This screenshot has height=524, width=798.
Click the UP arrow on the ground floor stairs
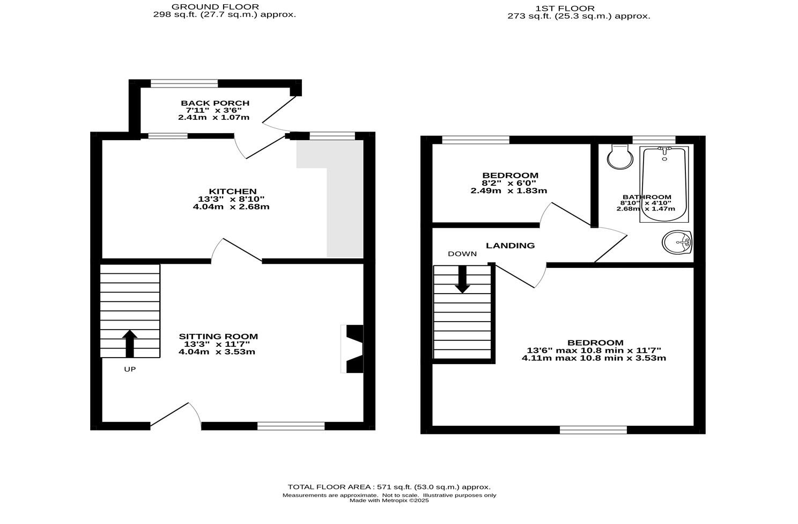point(130,344)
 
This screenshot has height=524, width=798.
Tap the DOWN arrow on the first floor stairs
point(462,280)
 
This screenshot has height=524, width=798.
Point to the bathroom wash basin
point(677,243)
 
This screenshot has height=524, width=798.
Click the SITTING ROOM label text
point(218,337)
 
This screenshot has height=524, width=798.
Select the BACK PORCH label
point(215,103)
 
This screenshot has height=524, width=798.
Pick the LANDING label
point(510,245)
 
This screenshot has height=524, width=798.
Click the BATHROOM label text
point(647,197)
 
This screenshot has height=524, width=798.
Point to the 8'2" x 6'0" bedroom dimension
point(508,183)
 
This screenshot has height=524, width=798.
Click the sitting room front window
point(291,426)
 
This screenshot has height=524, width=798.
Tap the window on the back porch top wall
point(184,83)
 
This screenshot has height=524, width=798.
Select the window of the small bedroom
point(475,140)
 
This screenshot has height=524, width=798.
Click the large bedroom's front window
point(593,430)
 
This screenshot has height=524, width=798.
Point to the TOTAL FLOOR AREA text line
point(389,487)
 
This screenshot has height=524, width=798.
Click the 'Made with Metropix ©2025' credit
point(389,500)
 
